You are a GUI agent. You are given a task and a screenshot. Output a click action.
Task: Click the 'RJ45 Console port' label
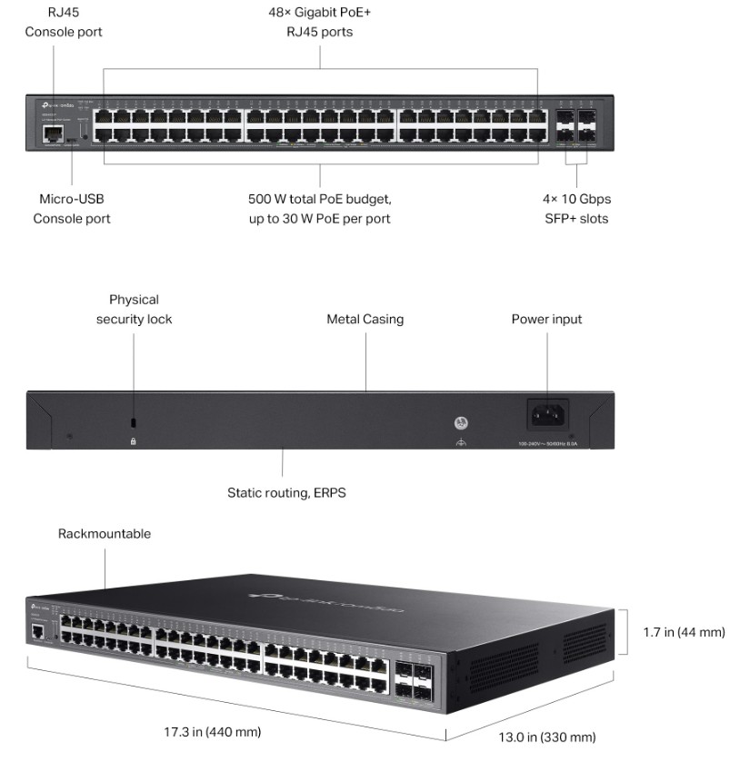click(x=63, y=23)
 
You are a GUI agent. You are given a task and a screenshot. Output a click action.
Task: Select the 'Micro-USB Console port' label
click(x=72, y=208)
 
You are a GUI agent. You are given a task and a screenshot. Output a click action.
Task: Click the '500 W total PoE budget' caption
click(x=319, y=208)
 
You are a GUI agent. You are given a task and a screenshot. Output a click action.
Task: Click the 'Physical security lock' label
click(x=134, y=309)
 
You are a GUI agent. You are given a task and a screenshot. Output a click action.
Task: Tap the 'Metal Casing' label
click(x=365, y=319)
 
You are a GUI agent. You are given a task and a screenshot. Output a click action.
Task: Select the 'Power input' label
click(x=546, y=319)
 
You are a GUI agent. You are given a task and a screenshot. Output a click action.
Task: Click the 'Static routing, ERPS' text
click(x=286, y=493)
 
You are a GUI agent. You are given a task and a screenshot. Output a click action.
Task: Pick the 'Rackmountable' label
click(x=105, y=534)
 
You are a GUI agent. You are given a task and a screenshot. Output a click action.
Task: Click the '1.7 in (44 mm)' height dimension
click(x=684, y=631)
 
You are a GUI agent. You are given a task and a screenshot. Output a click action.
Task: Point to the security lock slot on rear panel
click(x=134, y=423)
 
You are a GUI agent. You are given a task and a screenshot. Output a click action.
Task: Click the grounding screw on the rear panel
click(x=461, y=423)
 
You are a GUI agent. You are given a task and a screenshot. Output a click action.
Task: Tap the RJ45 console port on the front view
click(x=51, y=133)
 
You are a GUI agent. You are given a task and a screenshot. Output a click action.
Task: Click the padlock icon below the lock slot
click(x=134, y=441)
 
